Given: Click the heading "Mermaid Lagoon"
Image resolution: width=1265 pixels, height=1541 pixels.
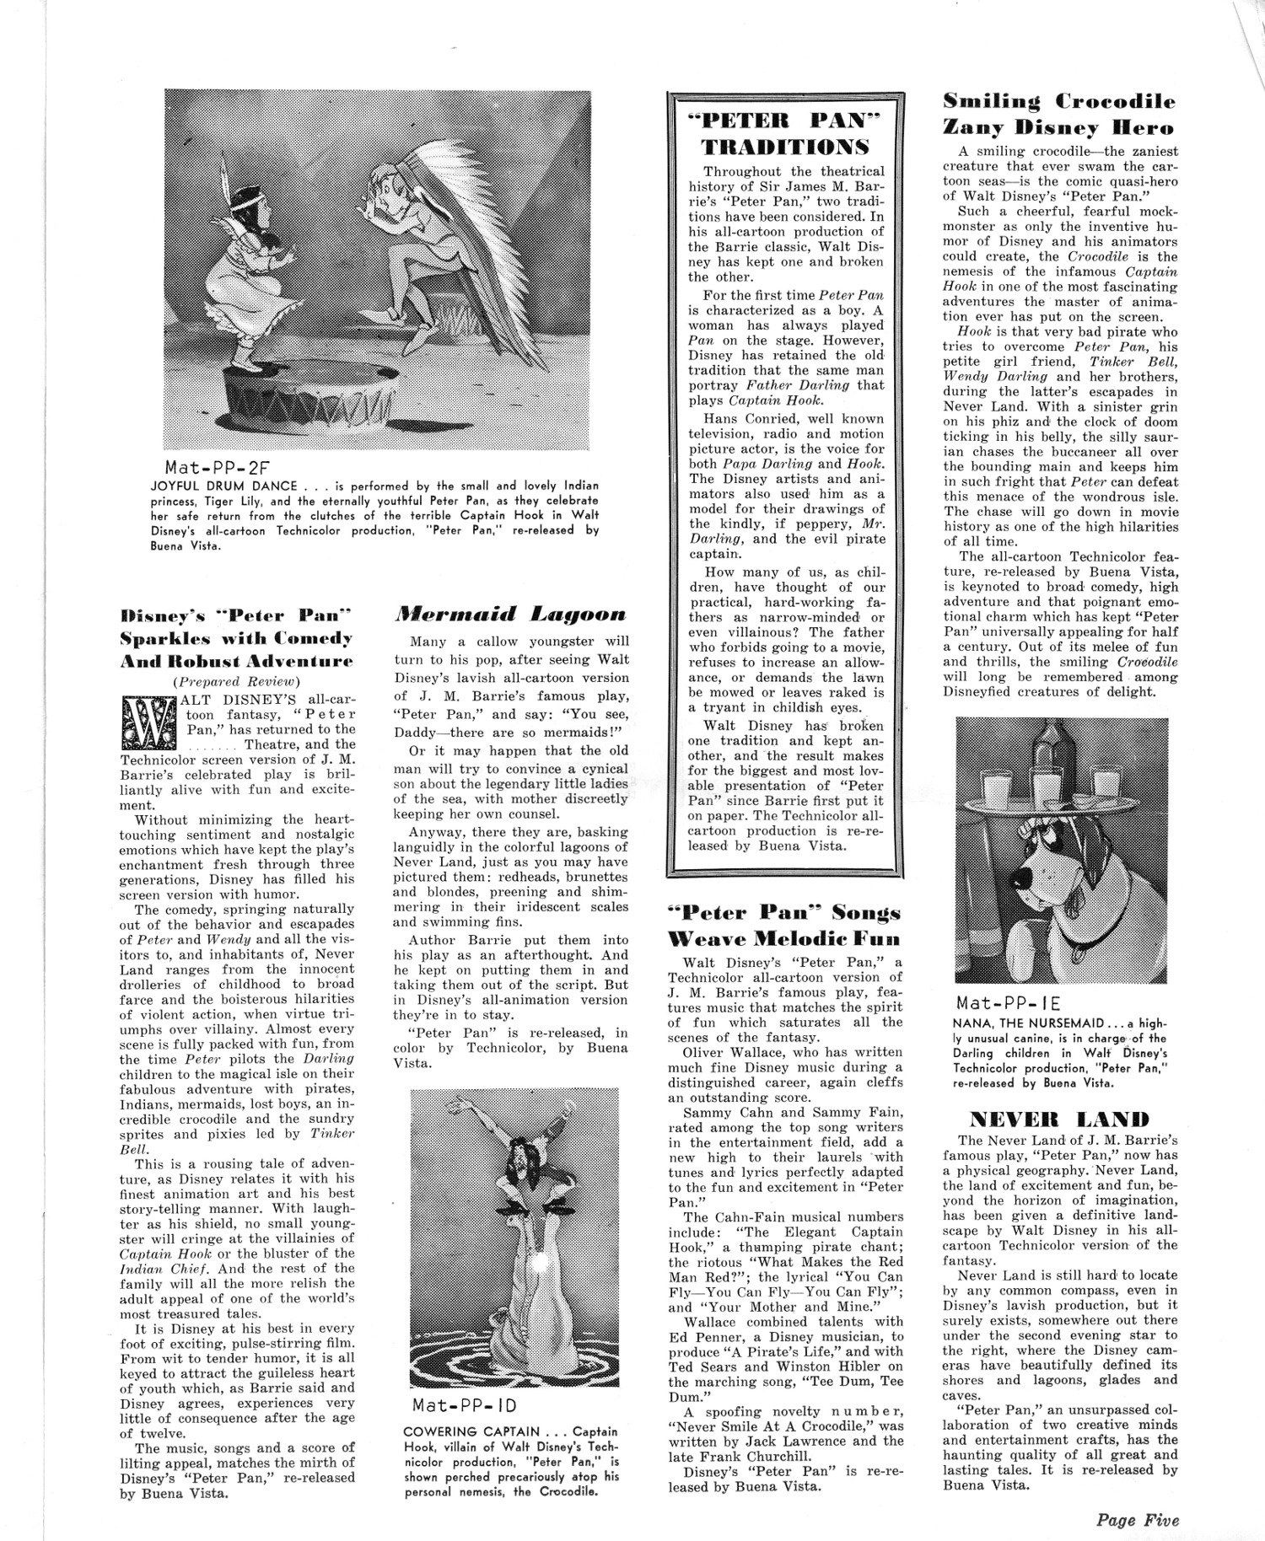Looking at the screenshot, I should click(x=511, y=615).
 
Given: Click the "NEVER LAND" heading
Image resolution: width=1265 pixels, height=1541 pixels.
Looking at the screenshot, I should click(x=1059, y=1120).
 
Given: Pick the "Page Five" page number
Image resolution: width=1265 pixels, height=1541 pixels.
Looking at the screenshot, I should click(x=1138, y=1521).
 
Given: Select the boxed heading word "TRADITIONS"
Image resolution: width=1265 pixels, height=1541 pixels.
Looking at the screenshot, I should click(x=785, y=147).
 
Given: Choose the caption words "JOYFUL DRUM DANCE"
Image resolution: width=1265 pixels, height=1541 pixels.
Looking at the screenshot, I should click(x=223, y=486).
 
